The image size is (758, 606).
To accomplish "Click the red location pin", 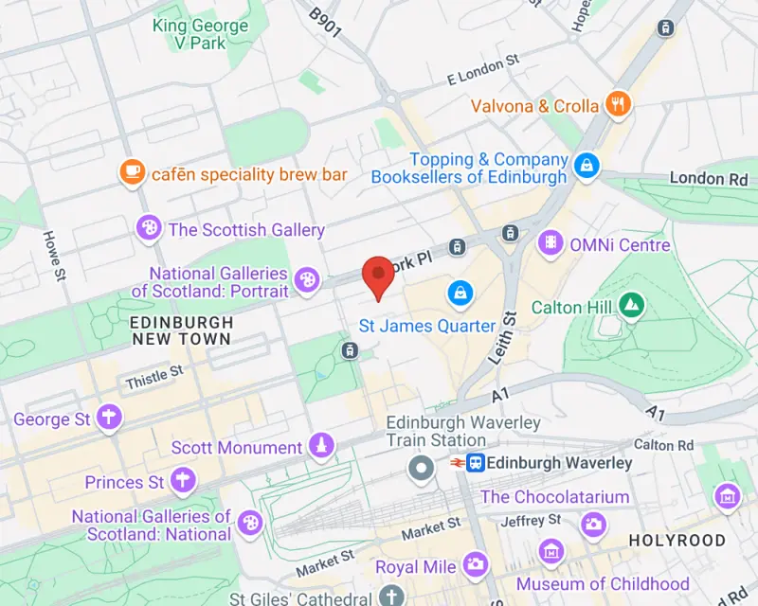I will pyautogui.click(x=379, y=274).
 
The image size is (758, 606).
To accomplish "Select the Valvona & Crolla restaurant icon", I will pyautogui.click(x=619, y=105).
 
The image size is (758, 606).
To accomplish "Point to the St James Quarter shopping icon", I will pyautogui.click(x=460, y=292).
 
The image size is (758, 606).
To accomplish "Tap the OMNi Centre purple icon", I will pyautogui.click(x=550, y=244).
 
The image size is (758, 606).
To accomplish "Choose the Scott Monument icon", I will pyautogui.click(x=322, y=446).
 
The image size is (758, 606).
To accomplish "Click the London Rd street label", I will pyautogui.click(x=709, y=178).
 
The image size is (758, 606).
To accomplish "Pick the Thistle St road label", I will pyautogui.click(x=153, y=378).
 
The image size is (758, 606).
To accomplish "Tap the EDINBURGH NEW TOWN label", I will pyautogui.click(x=181, y=330).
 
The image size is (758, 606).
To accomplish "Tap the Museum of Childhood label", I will pyautogui.click(x=603, y=583).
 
